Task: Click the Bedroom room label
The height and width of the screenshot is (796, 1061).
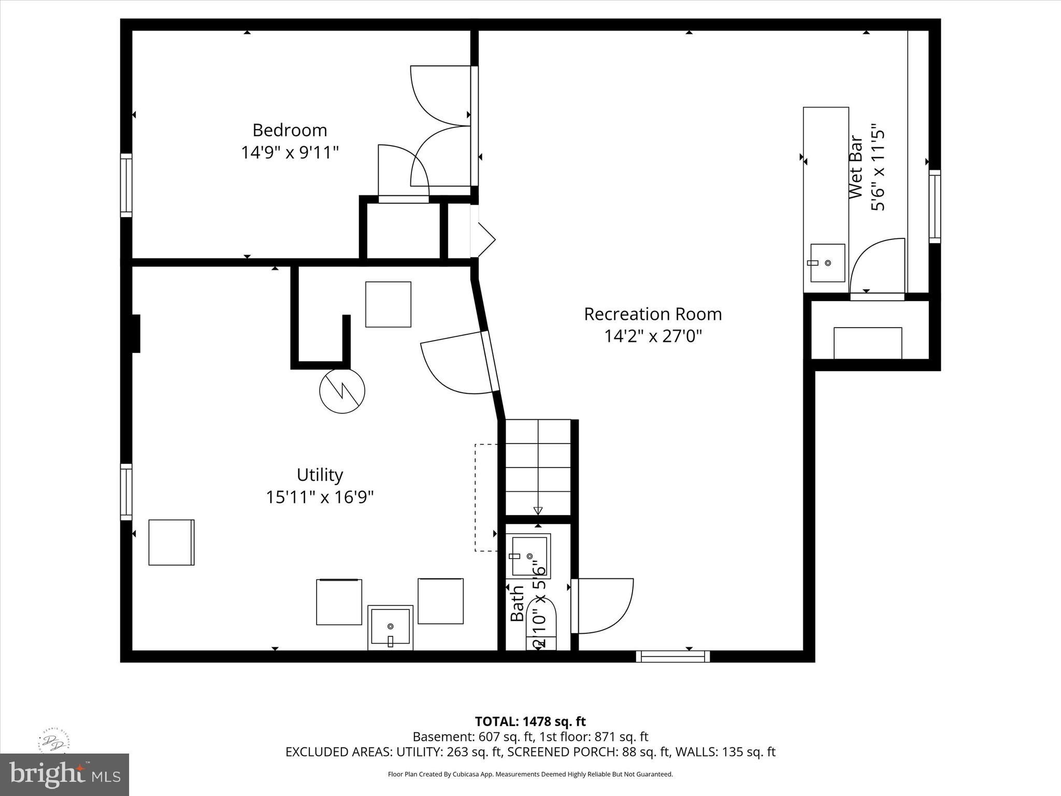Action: (x=290, y=130)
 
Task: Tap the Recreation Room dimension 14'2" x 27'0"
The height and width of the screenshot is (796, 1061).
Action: (x=653, y=336)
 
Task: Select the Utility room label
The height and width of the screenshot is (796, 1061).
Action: (x=320, y=475)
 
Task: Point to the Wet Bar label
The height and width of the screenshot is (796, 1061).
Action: (x=855, y=167)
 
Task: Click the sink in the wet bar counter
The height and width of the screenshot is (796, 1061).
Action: (x=827, y=263)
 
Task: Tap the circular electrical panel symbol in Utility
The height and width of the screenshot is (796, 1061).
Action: (x=342, y=391)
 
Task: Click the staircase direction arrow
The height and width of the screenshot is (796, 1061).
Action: (x=538, y=510)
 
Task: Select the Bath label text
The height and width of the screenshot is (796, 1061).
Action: (x=517, y=603)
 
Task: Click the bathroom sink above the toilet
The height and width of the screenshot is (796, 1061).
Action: (x=529, y=557)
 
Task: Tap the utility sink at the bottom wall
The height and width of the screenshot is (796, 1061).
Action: (x=391, y=627)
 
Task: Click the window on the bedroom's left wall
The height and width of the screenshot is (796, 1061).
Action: (x=126, y=185)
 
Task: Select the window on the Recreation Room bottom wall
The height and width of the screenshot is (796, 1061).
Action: (x=673, y=656)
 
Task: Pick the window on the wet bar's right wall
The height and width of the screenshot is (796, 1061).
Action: (x=935, y=206)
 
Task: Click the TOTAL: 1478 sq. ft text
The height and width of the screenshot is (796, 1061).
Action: (x=530, y=721)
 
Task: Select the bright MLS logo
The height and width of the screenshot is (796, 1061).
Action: (x=64, y=774)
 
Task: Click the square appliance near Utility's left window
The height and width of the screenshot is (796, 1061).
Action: (x=171, y=542)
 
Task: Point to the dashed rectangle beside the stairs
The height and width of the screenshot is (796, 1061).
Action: (x=486, y=497)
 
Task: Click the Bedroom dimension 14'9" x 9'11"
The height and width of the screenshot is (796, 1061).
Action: (x=290, y=152)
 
